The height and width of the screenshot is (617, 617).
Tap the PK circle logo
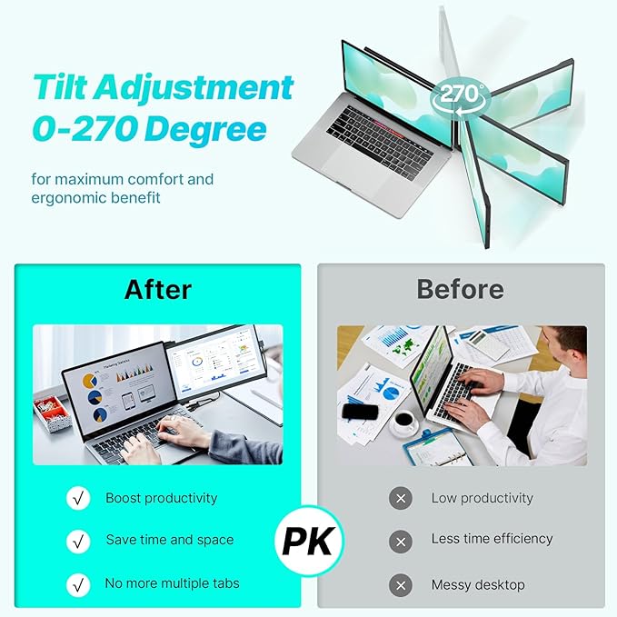point(309,540)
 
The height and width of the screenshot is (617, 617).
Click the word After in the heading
point(157,289)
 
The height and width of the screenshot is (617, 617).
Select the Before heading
point(460,289)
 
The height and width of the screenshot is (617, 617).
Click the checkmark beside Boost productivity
point(78,498)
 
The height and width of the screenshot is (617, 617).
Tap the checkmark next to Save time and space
point(78,541)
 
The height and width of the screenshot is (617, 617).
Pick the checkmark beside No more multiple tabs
point(78,583)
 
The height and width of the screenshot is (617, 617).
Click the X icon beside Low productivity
point(400,498)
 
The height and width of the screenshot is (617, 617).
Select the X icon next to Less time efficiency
point(400,541)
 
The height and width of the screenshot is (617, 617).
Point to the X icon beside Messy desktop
point(400,583)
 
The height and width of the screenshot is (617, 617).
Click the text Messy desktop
point(478,583)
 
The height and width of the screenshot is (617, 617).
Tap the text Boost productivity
point(161,498)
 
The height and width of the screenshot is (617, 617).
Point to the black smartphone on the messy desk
point(359,412)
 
